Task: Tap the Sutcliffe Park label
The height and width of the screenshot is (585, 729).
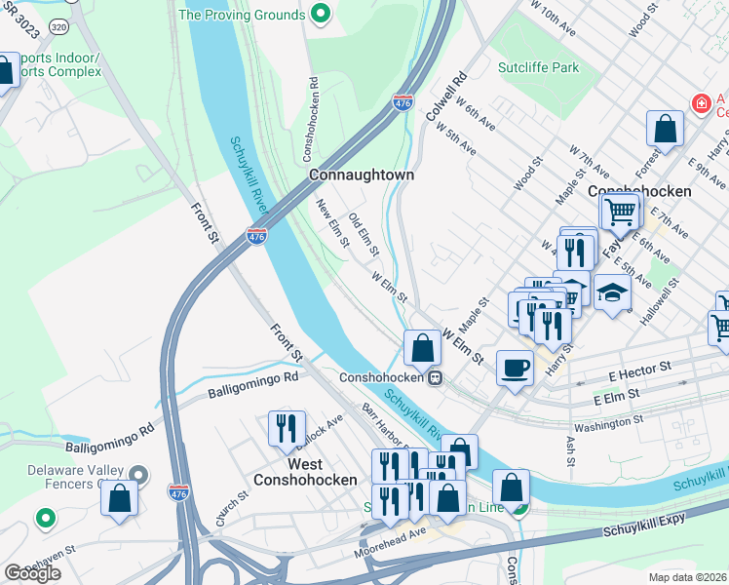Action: pos(537,67)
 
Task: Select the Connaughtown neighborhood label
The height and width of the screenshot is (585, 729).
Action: pos(361,175)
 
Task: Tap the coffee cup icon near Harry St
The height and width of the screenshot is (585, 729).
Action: pos(515,368)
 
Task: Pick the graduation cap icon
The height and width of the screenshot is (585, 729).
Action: pos(611,292)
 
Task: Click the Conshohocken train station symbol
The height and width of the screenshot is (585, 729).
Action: pos(438,377)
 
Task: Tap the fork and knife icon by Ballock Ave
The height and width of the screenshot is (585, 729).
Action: pos(287,427)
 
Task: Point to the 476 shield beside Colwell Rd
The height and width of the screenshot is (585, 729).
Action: pos(403,102)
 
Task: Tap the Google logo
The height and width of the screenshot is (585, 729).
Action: pos(32,573)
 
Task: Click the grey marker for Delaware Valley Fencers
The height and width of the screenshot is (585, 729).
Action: pos(138,475)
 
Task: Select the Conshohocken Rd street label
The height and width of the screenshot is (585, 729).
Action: pos(310,120)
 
